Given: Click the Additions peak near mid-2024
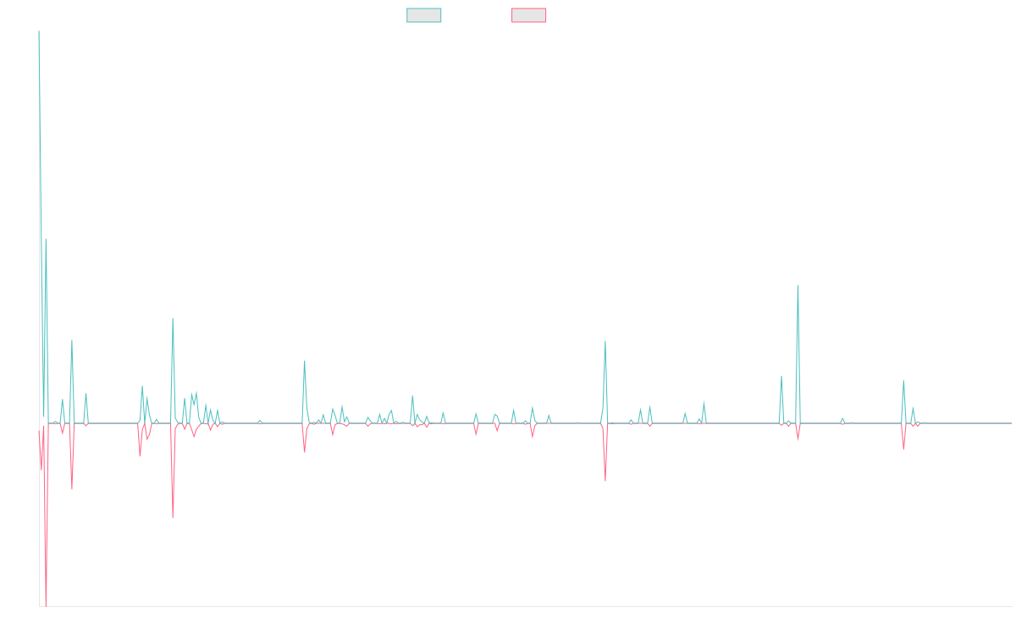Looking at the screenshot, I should (x=798, y=286).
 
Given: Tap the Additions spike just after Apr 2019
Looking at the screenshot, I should (x=173, y=318).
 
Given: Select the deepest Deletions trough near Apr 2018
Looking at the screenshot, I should (x=46, y=604).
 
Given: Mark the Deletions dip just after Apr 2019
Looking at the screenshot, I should (x=173, y=517).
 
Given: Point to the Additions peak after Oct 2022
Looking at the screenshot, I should (x=605, y=341).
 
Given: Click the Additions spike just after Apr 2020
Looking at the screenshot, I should (x=305, y=362).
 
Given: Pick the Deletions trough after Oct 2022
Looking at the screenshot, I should (x=605, y=481).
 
